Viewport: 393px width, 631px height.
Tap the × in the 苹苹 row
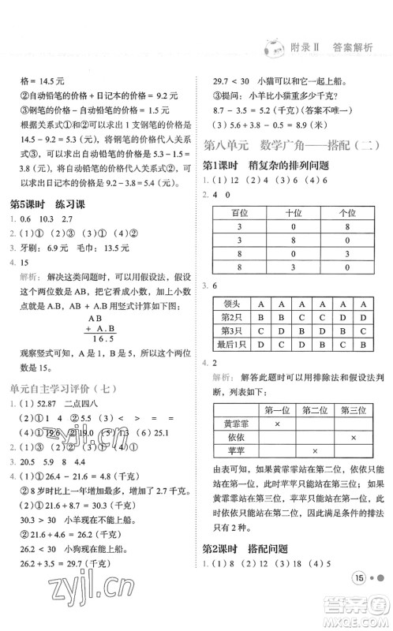tap(313, 452)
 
